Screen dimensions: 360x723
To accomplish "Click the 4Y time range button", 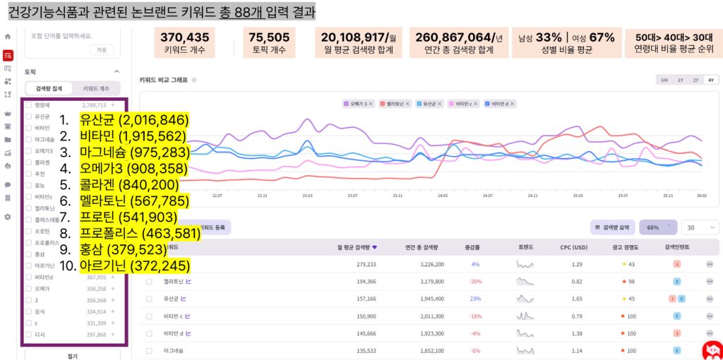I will click(710, 80).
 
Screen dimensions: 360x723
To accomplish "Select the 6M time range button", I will click(664, 80).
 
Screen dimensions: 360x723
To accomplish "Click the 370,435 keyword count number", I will click(184, 37).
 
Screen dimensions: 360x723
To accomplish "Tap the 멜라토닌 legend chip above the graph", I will click(395, 104).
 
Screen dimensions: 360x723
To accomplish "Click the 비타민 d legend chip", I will click(500, 104).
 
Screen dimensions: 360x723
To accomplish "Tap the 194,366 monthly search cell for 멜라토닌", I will click(362, 281).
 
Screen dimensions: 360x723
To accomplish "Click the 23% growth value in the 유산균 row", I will click(475, 299).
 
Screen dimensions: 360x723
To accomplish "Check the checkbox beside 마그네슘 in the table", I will click(149, 350).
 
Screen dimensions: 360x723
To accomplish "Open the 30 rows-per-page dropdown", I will click(701, 227).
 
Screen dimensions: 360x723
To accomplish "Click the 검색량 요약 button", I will click(612, 227).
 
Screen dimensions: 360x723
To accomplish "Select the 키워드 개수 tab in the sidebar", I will click(96, 88).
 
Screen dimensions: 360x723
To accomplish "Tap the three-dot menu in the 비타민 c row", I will click(710, 316).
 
